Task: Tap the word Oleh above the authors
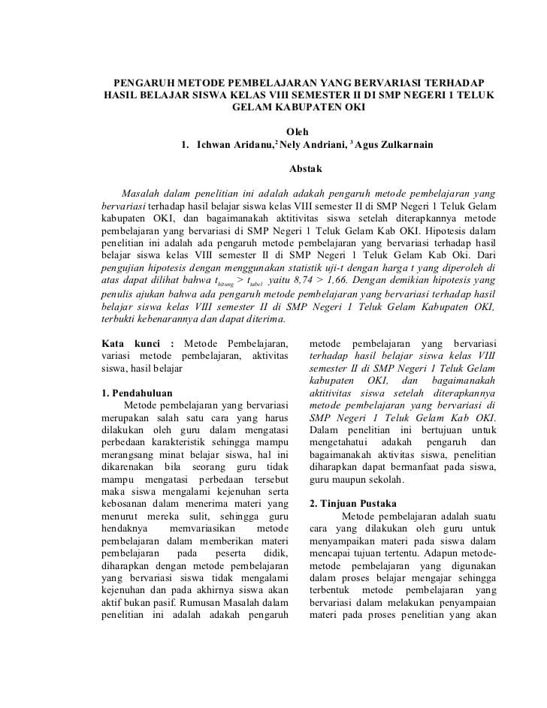(298, 131)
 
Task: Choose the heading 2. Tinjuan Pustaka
(353, 503)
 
